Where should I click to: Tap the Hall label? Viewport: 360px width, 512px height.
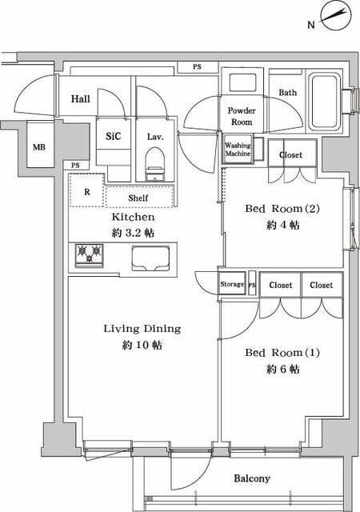click(80, 99)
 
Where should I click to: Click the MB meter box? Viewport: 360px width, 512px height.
click(38, 147)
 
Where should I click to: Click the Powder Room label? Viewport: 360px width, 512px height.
click(241, 116)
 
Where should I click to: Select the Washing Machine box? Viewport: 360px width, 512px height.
click(238, 150)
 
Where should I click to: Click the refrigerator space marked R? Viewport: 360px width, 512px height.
click(86, 192)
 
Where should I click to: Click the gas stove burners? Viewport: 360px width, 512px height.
click(90, 256)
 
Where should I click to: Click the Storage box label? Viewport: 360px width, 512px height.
click(232, 285)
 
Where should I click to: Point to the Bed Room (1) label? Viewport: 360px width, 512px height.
click(273, 353)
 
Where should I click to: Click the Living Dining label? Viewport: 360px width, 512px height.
click(142, 328)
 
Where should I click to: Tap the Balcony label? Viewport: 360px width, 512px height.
click(252, 478)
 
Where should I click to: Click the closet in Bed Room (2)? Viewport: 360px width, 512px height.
click(291, 154)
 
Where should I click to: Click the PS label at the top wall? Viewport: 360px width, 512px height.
click(197, 67)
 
